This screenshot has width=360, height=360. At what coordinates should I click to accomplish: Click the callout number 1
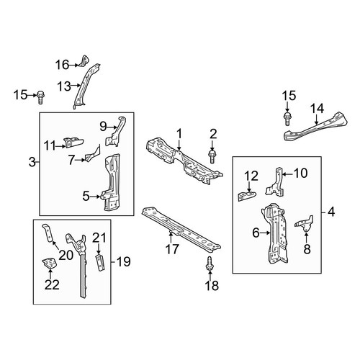pos(179,134)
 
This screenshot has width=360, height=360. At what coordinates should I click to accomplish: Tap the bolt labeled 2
pos(212,156)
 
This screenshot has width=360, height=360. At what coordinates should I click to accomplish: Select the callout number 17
pos(172,249)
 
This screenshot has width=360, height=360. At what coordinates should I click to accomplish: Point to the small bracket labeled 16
pos(84,60)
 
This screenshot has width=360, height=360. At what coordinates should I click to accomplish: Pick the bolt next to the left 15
pos(40,97)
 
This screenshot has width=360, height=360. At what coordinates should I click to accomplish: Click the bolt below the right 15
pos(287,119)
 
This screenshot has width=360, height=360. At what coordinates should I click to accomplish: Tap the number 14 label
pos(318,109)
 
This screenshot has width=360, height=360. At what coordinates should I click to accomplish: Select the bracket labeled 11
pos(73,143)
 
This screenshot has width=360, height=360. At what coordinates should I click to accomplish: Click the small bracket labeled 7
pos(92,154)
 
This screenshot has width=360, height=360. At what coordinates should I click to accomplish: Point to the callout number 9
pos(103,127)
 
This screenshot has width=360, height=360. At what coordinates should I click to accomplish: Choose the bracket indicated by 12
pos(246,196)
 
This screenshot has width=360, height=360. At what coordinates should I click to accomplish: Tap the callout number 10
pos(300,173)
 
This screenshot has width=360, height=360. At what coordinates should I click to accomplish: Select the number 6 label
pos(256,233)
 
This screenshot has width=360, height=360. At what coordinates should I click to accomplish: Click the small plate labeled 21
pos(101,263)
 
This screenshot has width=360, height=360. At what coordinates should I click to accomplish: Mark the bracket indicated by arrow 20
pos(48,233)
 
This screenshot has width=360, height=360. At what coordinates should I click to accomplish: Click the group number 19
pos(124,261)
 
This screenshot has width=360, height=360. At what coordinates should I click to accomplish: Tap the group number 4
pos(331,212)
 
